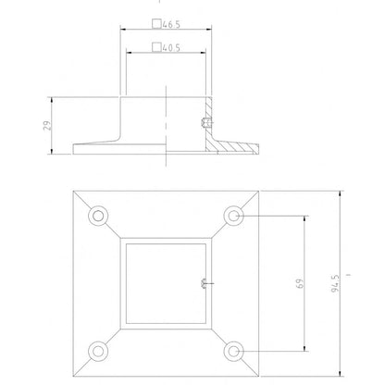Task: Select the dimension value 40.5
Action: click(x=171, y=46)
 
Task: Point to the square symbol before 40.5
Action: click(x=156, y=46)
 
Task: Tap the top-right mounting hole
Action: click(x=235, y=217)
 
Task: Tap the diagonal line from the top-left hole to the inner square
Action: click(x=113, y=230)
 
